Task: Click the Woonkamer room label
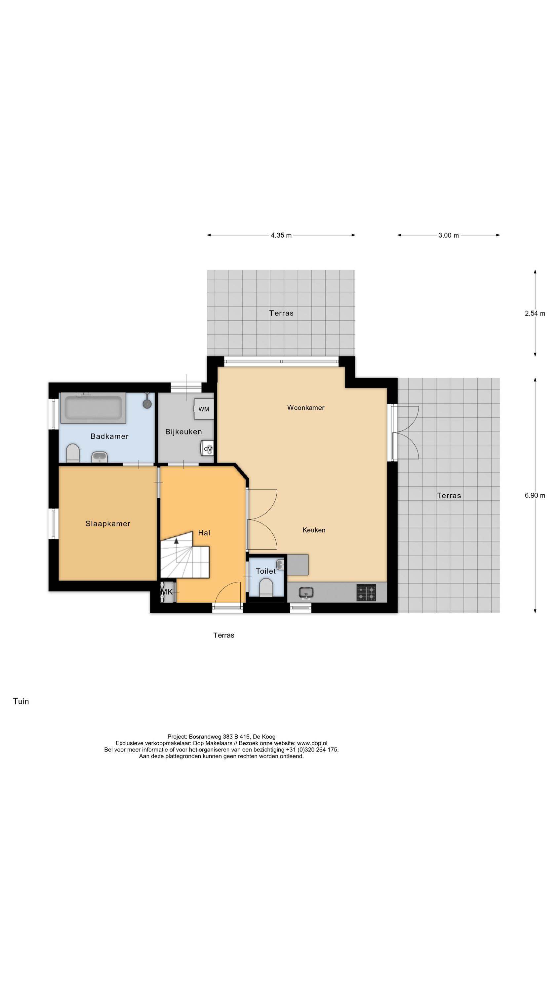coord(305,407)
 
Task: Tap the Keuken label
coord(313,530)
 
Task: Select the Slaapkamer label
coord(108,523)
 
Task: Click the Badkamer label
coord(109,436)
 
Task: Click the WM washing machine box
coord(204,409)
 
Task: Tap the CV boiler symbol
coord(208,449)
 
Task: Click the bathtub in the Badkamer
coord(93,408)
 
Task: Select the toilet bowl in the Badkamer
coord(73,453)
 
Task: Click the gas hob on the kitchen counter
coord(366,593)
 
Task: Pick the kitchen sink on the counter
coord(306,593)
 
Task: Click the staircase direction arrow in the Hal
coord(177,541)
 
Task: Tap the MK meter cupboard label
coord(166,592)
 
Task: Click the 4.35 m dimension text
coord(281,235)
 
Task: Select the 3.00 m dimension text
coord(448,235)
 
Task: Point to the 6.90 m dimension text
coord(535,495)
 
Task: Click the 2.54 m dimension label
coord(535,313)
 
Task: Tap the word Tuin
coord(21,701)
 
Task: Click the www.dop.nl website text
coord(312,743)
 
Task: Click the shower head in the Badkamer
coord(147,403)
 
